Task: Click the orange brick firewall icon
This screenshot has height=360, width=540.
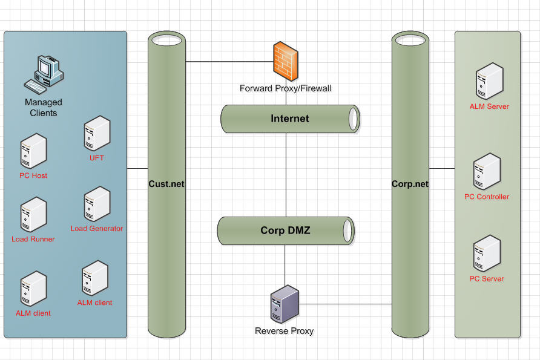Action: [285, 61]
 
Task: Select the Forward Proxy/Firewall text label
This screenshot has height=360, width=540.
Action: [285, 89]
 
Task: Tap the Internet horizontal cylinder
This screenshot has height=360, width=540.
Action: [290, 119]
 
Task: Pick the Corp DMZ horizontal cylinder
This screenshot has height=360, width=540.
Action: [286, 231]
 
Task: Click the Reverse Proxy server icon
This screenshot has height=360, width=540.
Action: [285, 306]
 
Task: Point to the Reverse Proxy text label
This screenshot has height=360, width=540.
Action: [285, 331]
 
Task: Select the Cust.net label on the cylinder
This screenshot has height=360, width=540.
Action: [166, 183]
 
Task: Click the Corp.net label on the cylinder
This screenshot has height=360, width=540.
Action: [410, 184]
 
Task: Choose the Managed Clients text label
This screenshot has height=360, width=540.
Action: [44, 108]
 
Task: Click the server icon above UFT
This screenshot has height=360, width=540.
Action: [97, 134]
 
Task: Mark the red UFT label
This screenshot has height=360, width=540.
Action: [97, 158]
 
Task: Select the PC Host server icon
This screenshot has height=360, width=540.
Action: [33, 151]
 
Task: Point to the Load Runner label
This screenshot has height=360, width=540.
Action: [33, 239]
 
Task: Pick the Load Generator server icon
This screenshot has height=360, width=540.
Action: [97, 205]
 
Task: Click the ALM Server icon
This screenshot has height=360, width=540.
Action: [489, 81]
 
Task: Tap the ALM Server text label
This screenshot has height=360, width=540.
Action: [489, 106]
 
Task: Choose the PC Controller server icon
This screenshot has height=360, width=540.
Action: [487, 172]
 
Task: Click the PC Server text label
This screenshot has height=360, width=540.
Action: [487, 279]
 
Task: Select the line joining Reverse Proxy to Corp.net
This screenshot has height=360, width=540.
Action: [345, 304]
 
